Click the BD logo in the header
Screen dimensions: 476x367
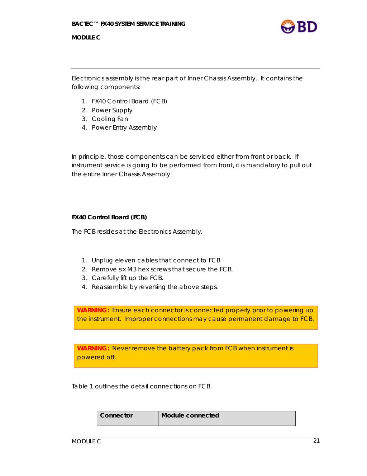pyautogui.click(x=299, y=27)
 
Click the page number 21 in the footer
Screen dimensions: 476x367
pyautogui.click(x=316, y=440)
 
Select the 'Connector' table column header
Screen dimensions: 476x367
pyautogui.click(x=116, y=415)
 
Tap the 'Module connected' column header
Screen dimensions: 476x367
pyautogui.click(x=190, y=415)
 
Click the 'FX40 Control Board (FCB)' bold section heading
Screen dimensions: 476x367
pyautogui.click(x=109, y=217)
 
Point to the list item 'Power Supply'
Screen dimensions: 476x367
pyautogui.click(x=112, y=110)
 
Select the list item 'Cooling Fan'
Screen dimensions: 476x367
pyautogui.click(x=110, y=119)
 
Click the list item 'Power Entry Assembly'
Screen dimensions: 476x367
pyautogui.click(x=124, y=127)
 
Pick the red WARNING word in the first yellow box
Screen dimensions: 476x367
pyautogui.click(x=93, y=310)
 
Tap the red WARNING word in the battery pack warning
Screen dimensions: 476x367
pyautogui.click(x=93, y=348)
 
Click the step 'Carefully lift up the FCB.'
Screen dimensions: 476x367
pyautogui.click(x=127, y=278)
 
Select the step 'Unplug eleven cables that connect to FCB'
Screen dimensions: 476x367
pyautogui.click(x=156, y=260)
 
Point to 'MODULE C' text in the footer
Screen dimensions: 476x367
pyautogui.click(x=86, y=442)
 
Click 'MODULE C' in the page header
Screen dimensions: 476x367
pyautogui.click(x=86, y=37)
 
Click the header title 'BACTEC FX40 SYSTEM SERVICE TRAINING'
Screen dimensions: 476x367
pyautogui.click(x=128, y=24)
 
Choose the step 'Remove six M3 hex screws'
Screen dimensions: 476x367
pyautogui.click(x=162, y=269)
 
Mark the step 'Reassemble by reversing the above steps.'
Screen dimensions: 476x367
pyautogui.click(x=154, y=287)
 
